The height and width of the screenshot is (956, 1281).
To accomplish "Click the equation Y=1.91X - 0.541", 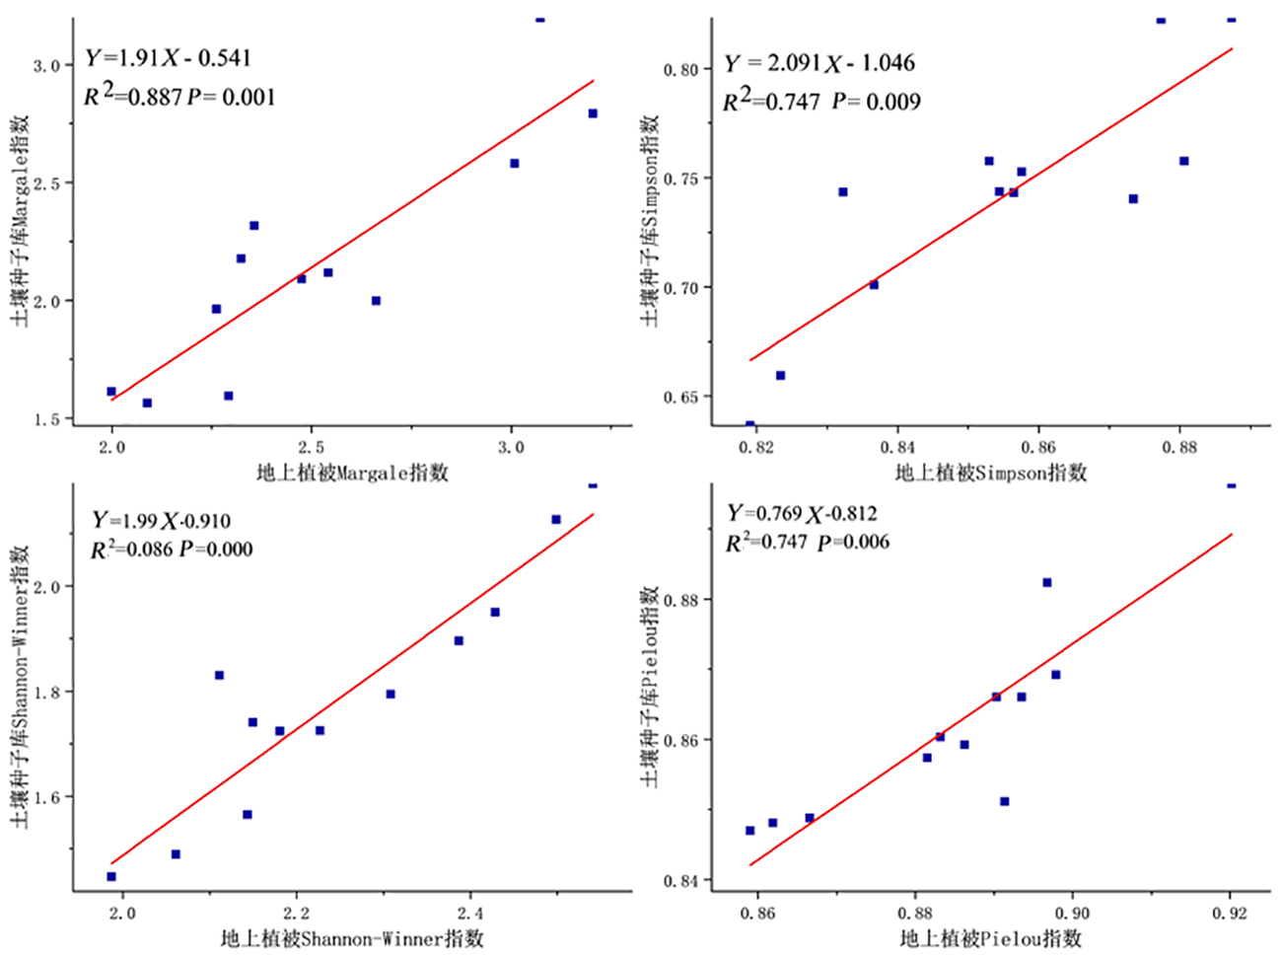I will (168, 58).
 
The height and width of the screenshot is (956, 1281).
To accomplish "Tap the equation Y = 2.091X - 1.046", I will (818, 63).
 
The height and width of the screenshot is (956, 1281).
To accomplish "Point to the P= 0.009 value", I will (876, 102).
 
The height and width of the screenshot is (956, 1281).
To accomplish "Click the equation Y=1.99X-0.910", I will (161, 521).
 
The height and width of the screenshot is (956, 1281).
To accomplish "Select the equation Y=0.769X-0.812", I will (802, 513).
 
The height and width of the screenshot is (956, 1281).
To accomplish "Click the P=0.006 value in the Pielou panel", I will (853, 542).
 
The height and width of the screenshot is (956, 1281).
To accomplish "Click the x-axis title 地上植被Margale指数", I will (352, 473).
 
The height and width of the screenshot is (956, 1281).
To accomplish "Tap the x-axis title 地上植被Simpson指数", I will (990, 473).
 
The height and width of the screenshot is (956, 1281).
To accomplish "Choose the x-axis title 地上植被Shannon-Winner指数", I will (352, 937).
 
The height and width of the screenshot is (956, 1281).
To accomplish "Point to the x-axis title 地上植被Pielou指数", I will (990, 937).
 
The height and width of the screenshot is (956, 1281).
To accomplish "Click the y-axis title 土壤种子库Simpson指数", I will (649, 220).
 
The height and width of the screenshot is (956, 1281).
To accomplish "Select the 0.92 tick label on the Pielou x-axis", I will (1230, 914).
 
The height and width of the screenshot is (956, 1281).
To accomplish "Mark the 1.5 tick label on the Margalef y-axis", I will (46, 419).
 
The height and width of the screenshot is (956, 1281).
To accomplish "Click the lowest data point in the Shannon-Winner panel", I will (111, 876).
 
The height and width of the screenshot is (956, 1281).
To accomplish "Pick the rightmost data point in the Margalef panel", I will (593, 113).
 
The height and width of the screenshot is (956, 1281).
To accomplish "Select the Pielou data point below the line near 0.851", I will (1004, 801).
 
